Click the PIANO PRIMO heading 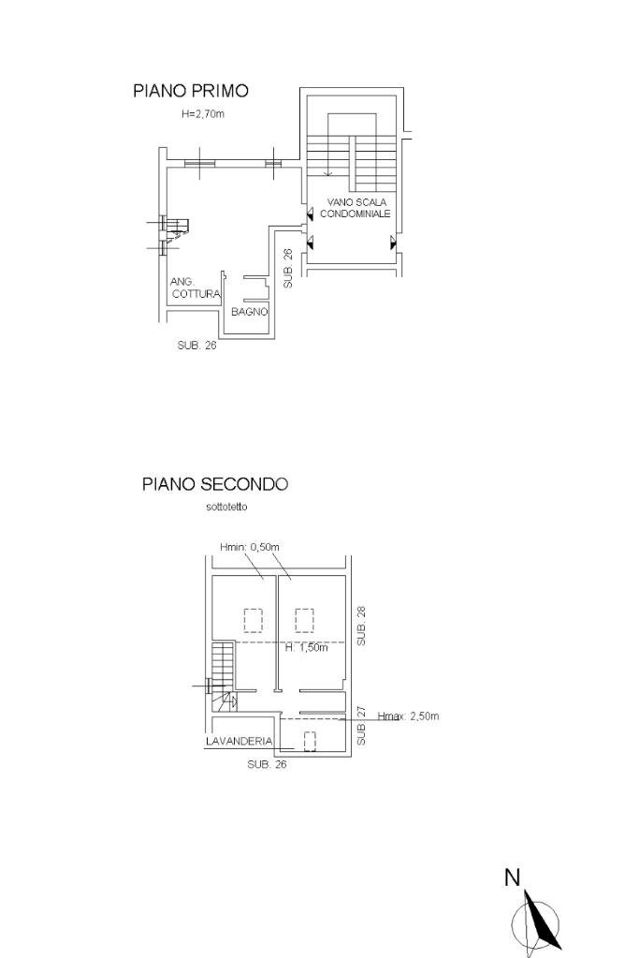pyautogui.click(x=191, y=91)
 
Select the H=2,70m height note pyautogui.click(x=203, y=114)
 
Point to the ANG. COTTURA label pyautogui.click(x=195, y=287)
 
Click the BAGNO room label pyautogui.click(x=250, y=312)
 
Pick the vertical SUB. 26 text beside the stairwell pyautogui.click(x=288, y=268)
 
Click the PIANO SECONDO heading pyautogui.click(x=215, y=484)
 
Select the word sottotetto pyautogui.click(x=228, y=508)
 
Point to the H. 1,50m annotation pyautogui.click(x=305, y=648)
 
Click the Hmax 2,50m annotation pyautogui.click(x=408, y=716)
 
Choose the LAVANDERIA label pyautogui.click(x=239, y=741)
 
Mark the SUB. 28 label pyautogui.click(x=362, y=625)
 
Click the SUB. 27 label pyautogui.click(x=362, y=726)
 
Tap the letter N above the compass pyautogui.click(x=512, y=877)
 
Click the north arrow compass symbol pyautogui.click(x=537, y=923)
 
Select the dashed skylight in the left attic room pyautogui.click(x=253, y=620)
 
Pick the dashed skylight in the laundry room pyautogui.click(x=310, y=741)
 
